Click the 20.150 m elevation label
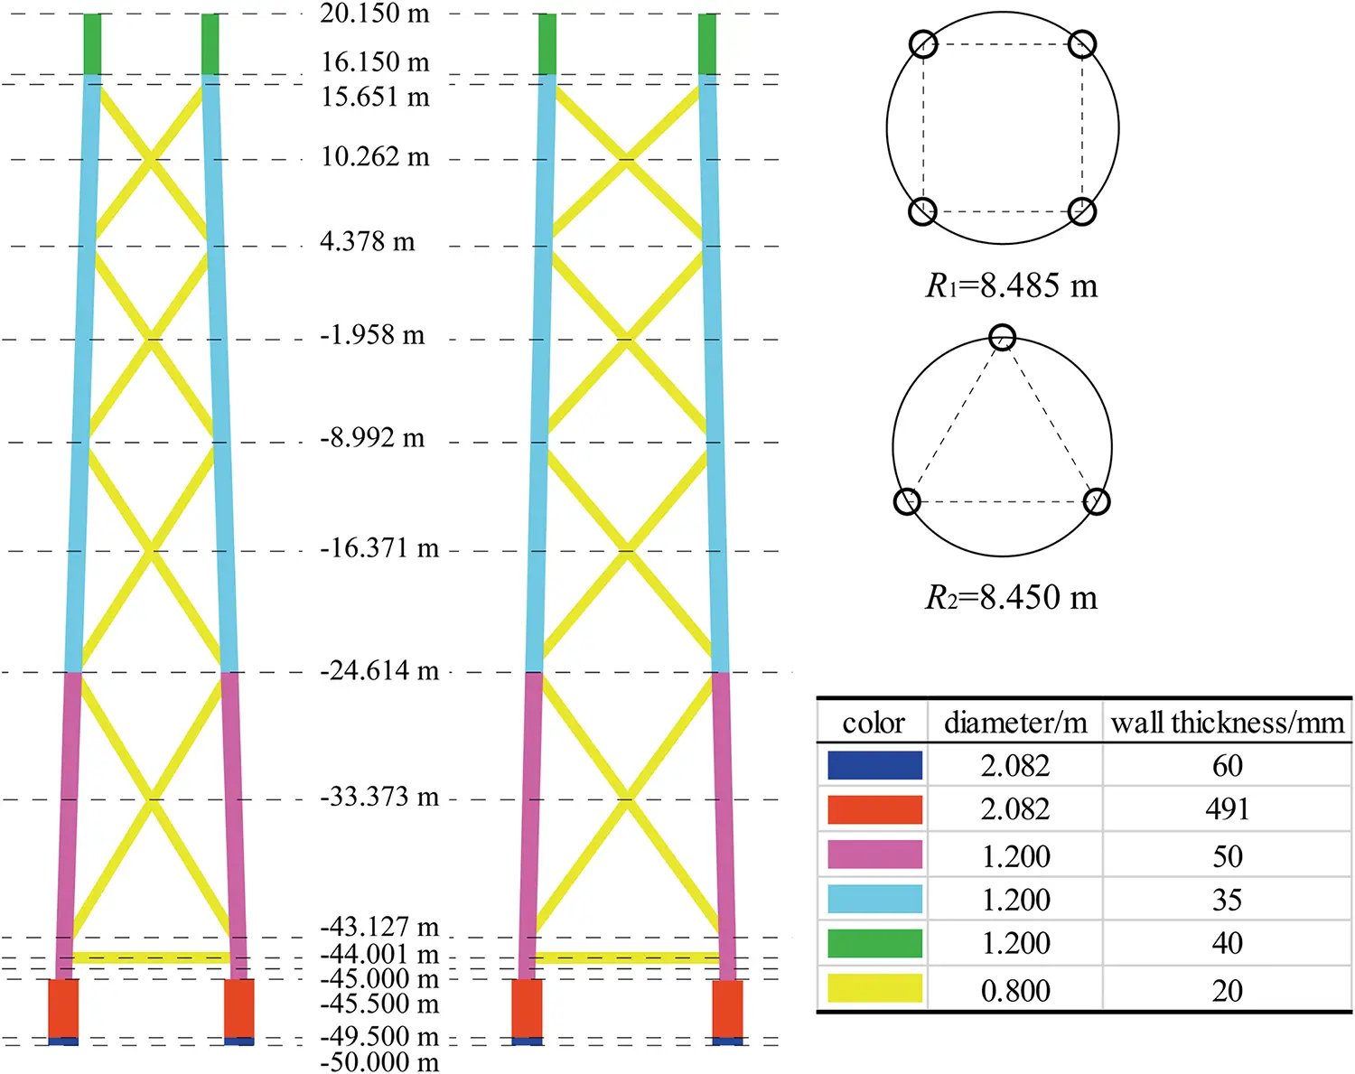[374, 14]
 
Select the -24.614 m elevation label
[379, 670]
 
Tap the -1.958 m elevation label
[372, 335]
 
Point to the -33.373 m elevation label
[379, 797]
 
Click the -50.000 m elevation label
[379, 1061]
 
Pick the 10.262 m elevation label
[375, 157]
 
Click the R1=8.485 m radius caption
[1011, 286]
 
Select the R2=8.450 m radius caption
[1011, 598]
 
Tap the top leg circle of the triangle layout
[1002, 338]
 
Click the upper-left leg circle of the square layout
[922, 43]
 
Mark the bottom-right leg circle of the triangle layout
[1096, 501]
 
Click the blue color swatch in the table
[874, 765]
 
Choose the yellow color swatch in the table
[874, 988]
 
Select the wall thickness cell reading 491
[1227, 809]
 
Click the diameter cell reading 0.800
[1015, 991]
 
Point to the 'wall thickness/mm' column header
[1227, 723]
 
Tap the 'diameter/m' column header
[1015, 723]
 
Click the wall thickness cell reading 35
[1227, 900]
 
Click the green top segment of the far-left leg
[92, 44]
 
